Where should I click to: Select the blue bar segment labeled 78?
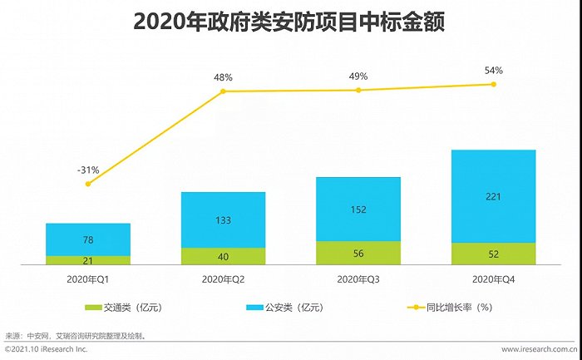coord(88,239)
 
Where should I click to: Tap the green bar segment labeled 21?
coord(88,260)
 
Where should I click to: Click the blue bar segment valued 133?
coord(224,220)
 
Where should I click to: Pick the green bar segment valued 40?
coord(224,256)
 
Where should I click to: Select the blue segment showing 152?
coord(358,210)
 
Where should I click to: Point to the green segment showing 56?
coord(358,254)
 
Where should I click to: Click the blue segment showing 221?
coord(494,196)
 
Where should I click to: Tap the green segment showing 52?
coord(494,254)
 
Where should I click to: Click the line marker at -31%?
coord(88,184)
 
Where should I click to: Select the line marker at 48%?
coord(224,91)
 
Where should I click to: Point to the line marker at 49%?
coord(358,90)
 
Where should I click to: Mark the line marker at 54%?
coord(494,84)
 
